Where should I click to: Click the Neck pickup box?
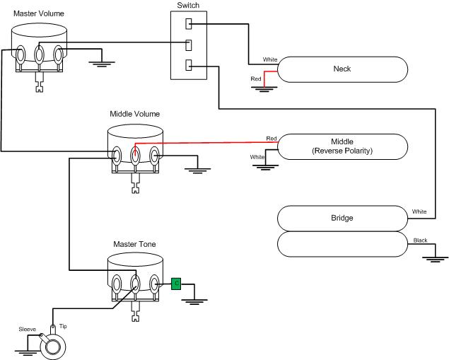click(x=343, y=69)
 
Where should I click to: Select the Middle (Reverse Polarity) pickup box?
click(x=343, y=146)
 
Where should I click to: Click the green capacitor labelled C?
click(x=176, y=284)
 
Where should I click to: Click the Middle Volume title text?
click(x=134, y=114)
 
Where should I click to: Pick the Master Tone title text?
click(x=134, y=244)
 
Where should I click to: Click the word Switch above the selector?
click(x=187, y=6)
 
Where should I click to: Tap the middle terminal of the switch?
click(x=189, y=45)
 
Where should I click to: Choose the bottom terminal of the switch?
click(x=189, y=66)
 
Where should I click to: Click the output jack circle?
click(x=52, y=347)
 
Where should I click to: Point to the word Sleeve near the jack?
click(x=27, y=330)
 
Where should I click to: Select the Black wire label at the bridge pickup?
click(x=420, y=240)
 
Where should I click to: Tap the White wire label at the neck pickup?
click(x=270, y=59)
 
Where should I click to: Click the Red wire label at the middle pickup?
click(x=272, y=138)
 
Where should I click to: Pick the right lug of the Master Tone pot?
click(x=154, y=284)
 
